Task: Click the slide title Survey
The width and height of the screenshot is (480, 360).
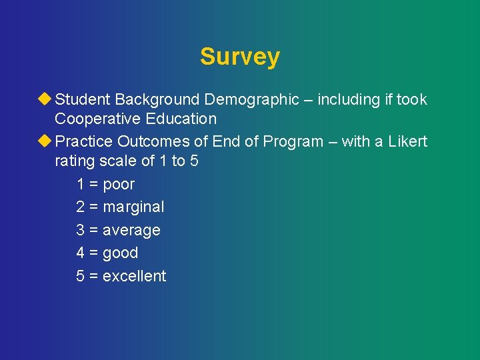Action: click(x=239, y=57)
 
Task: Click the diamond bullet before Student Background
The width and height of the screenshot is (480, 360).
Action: click(x=45, y=99)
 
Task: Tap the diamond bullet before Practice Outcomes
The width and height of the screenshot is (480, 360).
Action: click(x=45, y=141)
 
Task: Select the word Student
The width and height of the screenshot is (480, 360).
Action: click(x=83, y=100)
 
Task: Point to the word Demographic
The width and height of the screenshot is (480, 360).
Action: click(x=251, y=100)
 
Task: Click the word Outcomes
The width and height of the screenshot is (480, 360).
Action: click(x=150, y=142)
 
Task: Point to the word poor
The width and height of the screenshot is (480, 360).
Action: click(x=119, y=185)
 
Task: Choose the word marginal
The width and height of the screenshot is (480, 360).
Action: click(x=133, y=207)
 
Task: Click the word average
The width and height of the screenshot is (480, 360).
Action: click(x=131, y=231)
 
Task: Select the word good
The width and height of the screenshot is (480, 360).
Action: click(x=120, y=253)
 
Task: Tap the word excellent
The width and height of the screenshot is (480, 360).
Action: click(x=134, y=276)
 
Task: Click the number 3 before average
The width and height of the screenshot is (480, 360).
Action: click(x=80, y=231)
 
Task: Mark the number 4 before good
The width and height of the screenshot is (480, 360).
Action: click(x=80, y=253)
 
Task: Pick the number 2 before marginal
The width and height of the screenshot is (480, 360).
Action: click(x=80, y=207)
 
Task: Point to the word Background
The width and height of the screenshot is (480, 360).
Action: click(x=157, y=100)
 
